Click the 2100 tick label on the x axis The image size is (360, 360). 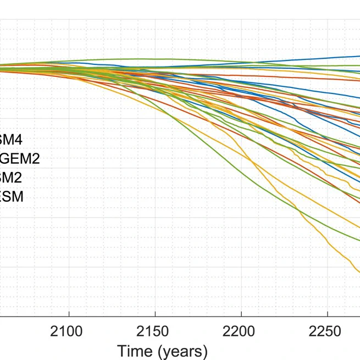click(69, 332)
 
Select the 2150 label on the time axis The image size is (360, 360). click(155, 332)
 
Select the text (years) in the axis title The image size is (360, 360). click(182, 351)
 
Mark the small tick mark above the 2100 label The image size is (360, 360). click(69, 315)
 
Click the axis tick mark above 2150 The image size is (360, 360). click(155, 315)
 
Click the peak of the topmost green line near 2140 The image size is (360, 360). click(129, 59)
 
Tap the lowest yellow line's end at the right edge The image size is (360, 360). click(358, 271)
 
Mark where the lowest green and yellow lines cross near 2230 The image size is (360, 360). click(297, 209)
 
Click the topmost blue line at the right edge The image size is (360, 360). click(358, 56)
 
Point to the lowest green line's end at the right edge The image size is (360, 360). click(358, 240)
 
